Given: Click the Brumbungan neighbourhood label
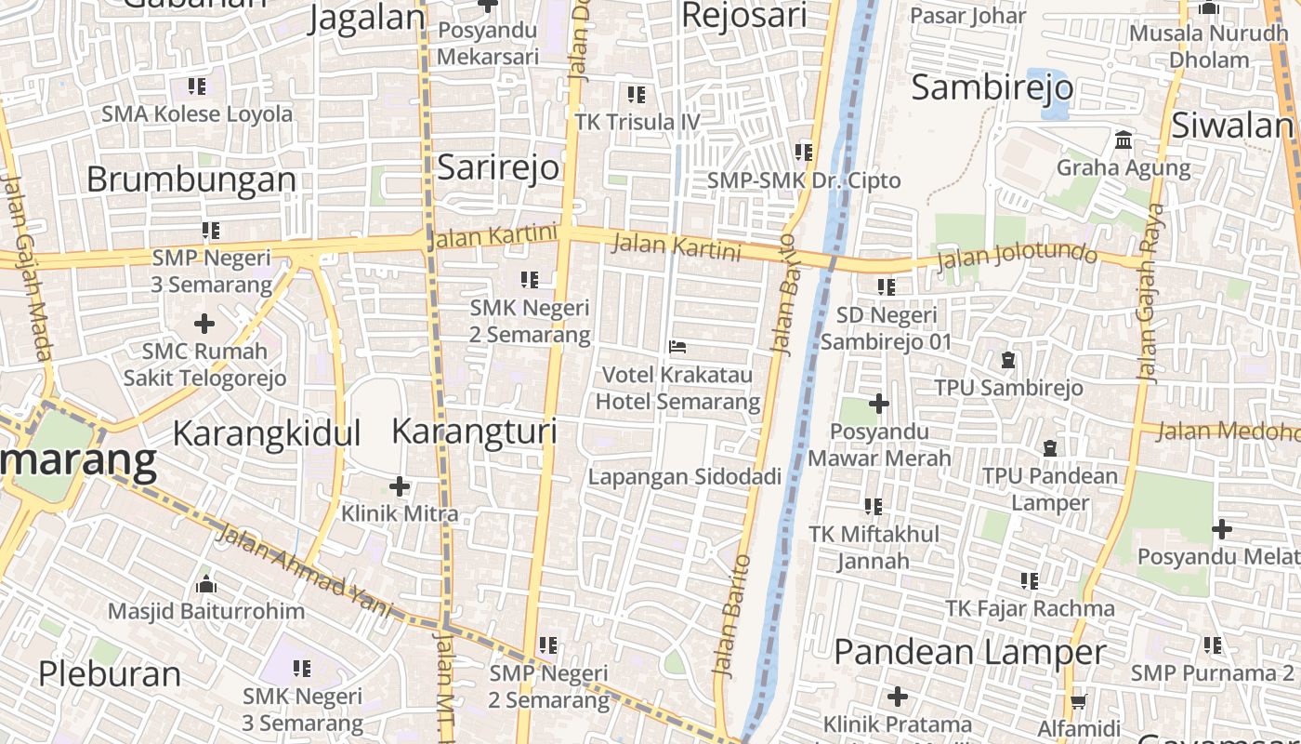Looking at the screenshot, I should pyautogui.click(x=191, y=179).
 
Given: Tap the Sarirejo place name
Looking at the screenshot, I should pyautogui.click(x=498, y=167).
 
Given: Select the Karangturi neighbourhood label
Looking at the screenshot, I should pyautogui.click(x=474, y=432).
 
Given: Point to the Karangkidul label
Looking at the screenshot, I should pyautogui.click(x=267, y=434).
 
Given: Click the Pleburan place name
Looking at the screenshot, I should pyautogui.click(x=110, y=674).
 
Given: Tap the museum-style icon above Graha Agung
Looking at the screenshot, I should pyautogui.click(x=1124, y=141).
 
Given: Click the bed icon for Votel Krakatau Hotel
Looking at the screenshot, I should pyautogui.click(x=677, y=348).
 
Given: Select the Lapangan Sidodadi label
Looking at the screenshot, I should pyautogui.click(x=685, y=477).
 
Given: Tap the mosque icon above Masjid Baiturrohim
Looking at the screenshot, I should pyautogui.click(x=206, y=584).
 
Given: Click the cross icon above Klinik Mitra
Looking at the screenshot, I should pyautogui.click(x=400, y=486).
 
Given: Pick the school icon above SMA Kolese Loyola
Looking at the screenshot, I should pyautogui.click(x=197, y=86).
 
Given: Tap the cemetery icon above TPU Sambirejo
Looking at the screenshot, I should pyautogui.click(x=1008, y=360).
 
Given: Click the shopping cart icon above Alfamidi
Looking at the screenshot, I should pyautogui.click(x=1078, y=701).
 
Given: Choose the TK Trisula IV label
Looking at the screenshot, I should pyautogui.click(x=637, y=122).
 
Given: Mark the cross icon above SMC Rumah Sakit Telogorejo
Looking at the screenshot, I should pyautogui.click(x=204, y=324).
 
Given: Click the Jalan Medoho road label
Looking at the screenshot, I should pyautogui.click(x=1227, y=432).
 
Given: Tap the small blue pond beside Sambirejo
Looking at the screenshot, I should pyautogui.click(x=1046, y=93).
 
